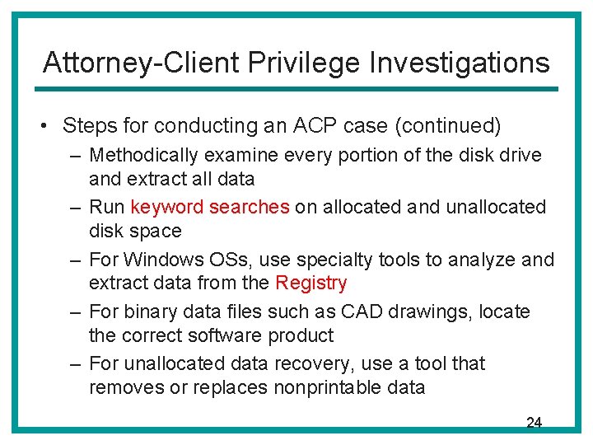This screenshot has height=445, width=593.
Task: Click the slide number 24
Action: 534,423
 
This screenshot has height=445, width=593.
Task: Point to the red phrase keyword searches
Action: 210,207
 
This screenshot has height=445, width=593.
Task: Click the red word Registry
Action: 311,283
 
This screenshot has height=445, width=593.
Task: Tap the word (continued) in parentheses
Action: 448,126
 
